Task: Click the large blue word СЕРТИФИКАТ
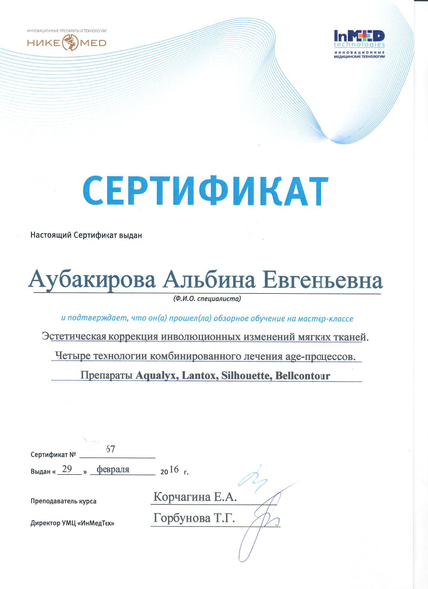[204, 189]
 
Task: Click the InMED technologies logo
[359, 43]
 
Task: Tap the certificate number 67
[124, 449]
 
